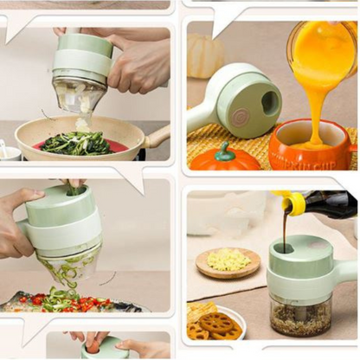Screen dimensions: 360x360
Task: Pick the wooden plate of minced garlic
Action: [x=228, y=261]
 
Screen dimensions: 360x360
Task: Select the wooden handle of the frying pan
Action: [x=158, y=137]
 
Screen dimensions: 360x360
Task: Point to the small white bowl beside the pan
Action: [x=9, y=152]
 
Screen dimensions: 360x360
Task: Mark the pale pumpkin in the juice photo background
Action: [x=205, y=57]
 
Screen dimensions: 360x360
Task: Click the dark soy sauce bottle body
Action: [x=333, y=206]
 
